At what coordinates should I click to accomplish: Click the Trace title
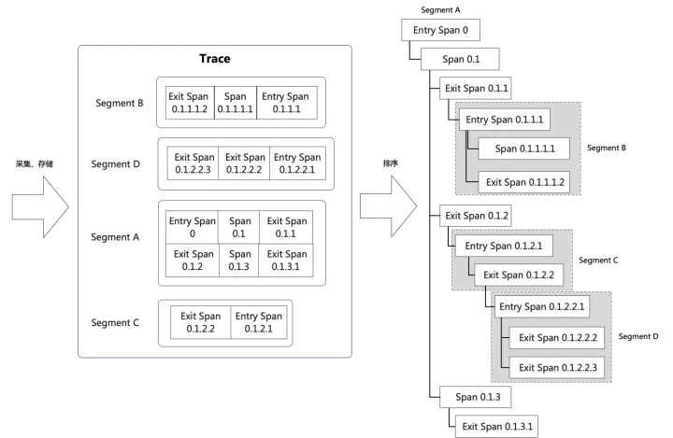tap(215, 58)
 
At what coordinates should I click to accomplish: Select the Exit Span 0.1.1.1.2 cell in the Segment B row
tap(190, 103)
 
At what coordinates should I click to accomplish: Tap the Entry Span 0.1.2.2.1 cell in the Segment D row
tap(297, 163)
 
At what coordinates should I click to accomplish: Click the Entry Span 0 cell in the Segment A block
tap(192, 227)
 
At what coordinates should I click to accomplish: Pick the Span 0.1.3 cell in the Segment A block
tap(238, 261)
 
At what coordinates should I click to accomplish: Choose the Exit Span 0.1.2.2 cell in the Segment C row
tap(200, 322)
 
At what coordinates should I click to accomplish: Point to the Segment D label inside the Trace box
tap(116, 163)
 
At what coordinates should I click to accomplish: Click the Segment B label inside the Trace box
tap(120, 103)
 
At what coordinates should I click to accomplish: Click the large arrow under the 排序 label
tap(388, 206)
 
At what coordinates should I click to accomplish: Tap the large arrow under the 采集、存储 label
tap(40, 207)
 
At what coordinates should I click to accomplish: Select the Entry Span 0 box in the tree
tap(440, 30)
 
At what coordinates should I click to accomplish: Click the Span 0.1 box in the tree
tap(460, 59)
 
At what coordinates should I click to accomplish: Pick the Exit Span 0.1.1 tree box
tap(476, 89)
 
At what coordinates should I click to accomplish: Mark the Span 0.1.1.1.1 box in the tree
tap(524, 148)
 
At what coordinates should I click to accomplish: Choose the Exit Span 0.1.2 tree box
tap(476, 216)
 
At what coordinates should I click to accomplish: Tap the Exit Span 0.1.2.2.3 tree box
tap(557, 368)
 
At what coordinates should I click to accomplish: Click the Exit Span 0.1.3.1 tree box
tap(496, 427)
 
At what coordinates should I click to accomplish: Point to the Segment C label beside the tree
tap(598, 261)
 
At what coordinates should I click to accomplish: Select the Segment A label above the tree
tap(440, 10)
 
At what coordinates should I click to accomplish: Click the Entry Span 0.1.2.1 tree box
tap(504, 246)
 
